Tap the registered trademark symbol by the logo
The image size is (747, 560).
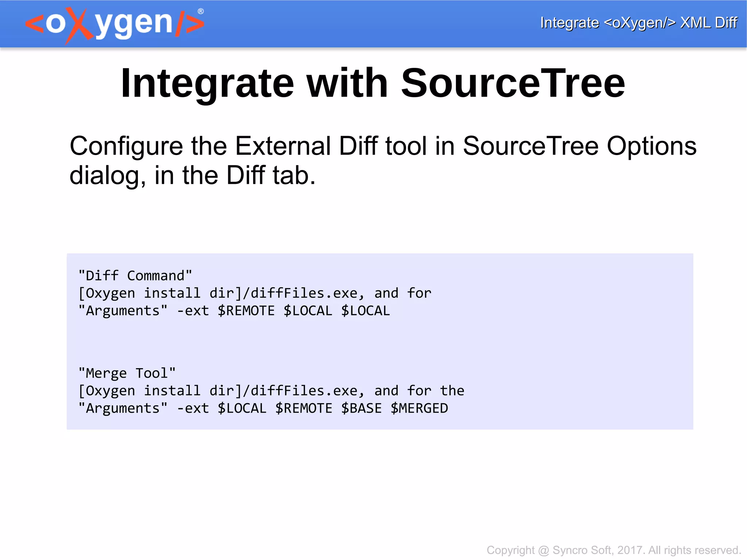point(201,11)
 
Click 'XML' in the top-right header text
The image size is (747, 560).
point(695,23)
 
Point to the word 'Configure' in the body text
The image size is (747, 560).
point(126,146)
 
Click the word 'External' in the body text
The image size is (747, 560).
point(282,146)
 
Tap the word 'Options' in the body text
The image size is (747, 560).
point(651,146)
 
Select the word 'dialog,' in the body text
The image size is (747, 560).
point(108,176)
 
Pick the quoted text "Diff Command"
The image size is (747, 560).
point(135,275)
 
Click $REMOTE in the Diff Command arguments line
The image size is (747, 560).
point(246,311)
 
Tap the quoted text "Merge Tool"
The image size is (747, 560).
point(127,373)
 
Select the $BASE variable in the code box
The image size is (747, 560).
point(361,408)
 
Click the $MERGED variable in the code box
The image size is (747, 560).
point(419,408)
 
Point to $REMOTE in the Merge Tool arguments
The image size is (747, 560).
point(304,408)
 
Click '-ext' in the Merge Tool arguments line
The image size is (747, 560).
point(193,408)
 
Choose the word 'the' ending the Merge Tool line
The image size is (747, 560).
point(452,391)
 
